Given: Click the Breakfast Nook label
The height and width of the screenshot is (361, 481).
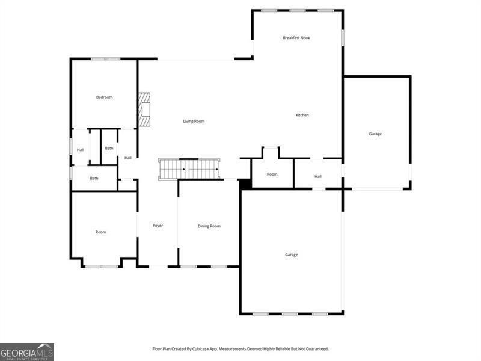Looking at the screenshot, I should [x=296, y=38].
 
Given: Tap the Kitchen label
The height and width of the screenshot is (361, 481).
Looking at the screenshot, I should [x=302, y=115].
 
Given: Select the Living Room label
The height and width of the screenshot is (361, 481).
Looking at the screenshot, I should [x=194, y=121].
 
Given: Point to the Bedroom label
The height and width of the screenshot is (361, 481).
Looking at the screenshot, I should [x=104, y=97].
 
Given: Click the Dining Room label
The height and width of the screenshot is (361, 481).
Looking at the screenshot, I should [x=209, y=226].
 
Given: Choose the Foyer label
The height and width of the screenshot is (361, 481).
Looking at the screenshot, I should [x=158, y=226].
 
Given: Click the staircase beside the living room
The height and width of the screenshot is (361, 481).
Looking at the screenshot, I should [x=189, y=169].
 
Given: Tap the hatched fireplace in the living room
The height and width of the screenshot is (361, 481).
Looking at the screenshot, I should [x=144, y=109].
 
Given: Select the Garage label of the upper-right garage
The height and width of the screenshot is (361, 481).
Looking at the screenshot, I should [x=375, y=134].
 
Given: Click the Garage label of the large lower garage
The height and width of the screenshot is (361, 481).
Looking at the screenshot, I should [x=291, y=255].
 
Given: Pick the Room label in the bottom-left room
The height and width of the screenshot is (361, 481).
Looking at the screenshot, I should [x=100, y=232].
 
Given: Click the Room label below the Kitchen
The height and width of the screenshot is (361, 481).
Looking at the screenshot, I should [x=272, y=174].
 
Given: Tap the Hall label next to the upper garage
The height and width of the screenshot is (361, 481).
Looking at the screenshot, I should [x=318, y=176].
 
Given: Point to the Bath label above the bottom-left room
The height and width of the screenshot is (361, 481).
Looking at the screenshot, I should [x=94, y=178].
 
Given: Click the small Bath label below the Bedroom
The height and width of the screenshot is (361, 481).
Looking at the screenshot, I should [x=109, y=148].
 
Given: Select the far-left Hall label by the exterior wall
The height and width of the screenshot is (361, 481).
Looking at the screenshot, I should [x=80, y=150].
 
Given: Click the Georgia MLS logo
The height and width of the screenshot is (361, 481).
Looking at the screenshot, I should [x=27, y=351].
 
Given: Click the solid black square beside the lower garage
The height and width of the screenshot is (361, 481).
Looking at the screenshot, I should [x=245, y=184].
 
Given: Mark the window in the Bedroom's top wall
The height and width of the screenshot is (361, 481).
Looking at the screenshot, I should [x=105, y=58].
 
